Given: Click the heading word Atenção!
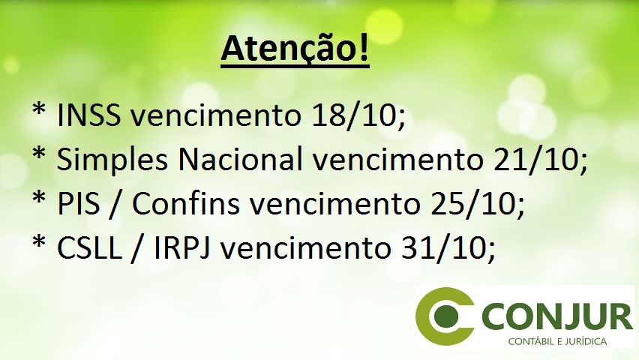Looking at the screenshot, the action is tap(295, 49).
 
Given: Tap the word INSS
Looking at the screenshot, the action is tap(88, 115).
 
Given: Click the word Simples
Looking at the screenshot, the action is tap(112, 160).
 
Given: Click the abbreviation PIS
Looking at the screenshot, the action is tap(78, 203).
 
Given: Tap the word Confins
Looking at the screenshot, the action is tap(185, 202).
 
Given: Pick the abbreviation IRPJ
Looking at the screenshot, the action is tap(182, 247).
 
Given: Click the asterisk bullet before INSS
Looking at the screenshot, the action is tap(39, 110).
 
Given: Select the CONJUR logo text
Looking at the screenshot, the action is tap(557, 316).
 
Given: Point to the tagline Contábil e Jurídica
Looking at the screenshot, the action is tap(557, 341).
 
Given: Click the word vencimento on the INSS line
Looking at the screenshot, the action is tap(215, 115).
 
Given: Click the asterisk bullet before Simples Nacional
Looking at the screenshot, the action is tap(39, 154).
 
